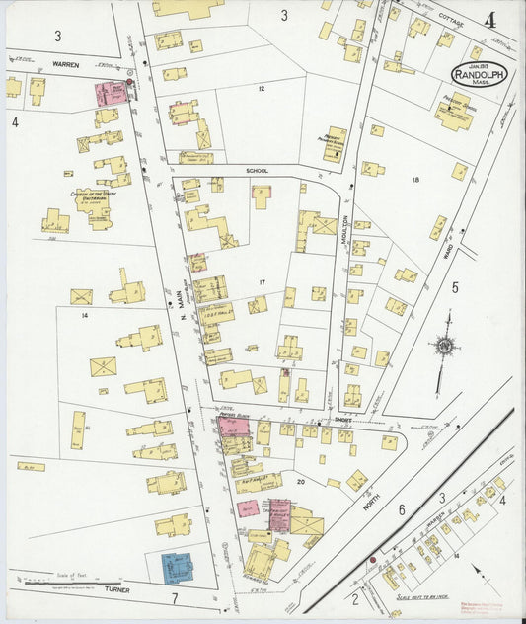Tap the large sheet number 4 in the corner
489,19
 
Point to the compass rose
445,346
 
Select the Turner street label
116,589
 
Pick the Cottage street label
451,21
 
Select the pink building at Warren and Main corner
111,94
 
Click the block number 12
261,89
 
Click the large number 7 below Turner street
173,599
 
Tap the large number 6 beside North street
402,509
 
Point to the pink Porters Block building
233,426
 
